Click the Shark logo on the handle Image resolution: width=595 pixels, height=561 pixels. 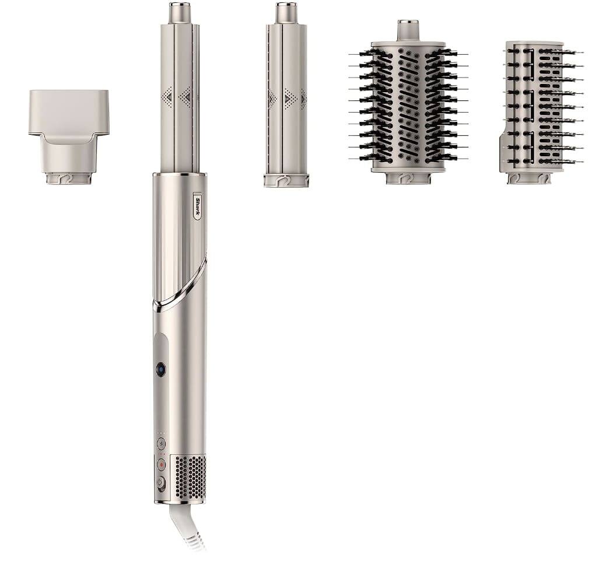(x=198, y=206)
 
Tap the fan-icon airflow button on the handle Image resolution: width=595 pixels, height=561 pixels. (x=162, y=443)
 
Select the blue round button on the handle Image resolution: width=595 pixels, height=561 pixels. (x=161, y=369)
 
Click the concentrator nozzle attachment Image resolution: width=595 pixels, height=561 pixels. (x=69, y=137)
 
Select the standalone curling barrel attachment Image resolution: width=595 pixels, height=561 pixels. (x=286, y=95)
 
